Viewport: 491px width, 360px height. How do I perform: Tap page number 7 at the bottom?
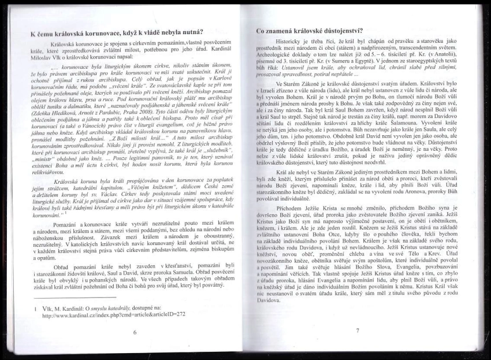point(358,331)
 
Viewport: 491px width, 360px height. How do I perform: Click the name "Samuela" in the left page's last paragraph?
point(189,270)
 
